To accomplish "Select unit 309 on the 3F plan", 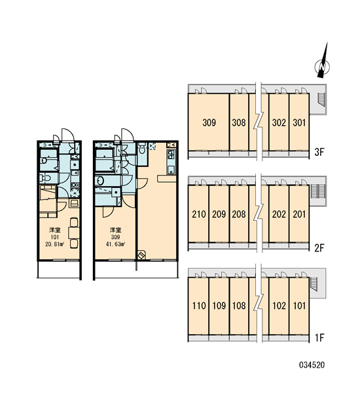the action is click(208, 122).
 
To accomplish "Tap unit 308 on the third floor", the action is click(239, 122).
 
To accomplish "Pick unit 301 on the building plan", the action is click(299, 122).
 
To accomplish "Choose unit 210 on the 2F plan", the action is click(198, 214).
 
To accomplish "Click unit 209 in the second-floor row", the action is click(219, 214).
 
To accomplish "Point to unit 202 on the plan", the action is click(279, 214).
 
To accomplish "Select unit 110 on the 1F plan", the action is click(198, 306).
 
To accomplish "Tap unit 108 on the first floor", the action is click(239, 306).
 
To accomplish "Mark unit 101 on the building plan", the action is click(299, 306).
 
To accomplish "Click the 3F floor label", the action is click(319, 152).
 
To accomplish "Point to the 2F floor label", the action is click(319, 248).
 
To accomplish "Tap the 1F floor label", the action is click(319, 337).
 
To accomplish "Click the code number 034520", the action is click(312, 365).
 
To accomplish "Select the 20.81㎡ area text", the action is click(54, 244).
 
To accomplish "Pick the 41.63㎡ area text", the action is click(115, 244).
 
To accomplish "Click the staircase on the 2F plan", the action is click(315, 191).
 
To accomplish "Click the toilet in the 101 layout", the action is click(45, 178).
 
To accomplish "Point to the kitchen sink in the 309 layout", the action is click(171, 170).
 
